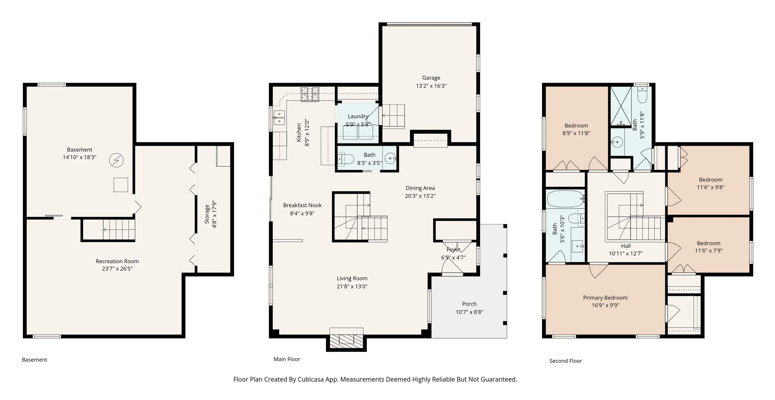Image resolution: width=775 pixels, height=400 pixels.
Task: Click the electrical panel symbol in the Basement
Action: [117, 160]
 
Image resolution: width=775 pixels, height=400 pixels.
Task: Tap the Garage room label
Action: [431, 78]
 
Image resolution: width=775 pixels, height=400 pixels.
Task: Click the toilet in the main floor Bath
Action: [345, 159]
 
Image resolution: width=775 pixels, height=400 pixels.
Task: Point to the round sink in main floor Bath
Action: [390, 158]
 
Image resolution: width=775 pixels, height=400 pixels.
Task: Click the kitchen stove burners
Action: [310, 94]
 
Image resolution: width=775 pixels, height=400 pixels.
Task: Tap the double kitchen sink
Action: [279, 118]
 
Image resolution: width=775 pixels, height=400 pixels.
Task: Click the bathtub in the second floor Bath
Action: [565, 199]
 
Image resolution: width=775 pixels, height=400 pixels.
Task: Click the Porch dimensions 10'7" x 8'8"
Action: [469, 312]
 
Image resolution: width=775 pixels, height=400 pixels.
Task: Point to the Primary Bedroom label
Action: [605, 298]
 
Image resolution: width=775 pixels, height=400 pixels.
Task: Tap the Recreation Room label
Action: [117, 261]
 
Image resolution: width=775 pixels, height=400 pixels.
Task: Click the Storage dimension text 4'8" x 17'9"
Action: [214, 216]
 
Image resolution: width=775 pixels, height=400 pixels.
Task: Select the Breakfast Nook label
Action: [302, 205]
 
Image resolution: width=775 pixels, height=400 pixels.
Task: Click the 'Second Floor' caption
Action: [565, 361]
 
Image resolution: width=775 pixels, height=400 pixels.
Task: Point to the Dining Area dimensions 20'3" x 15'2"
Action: [420, 196]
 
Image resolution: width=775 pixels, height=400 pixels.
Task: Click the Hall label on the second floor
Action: [626, 246]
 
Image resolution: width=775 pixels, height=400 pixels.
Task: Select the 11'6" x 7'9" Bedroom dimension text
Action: [709, 251]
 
